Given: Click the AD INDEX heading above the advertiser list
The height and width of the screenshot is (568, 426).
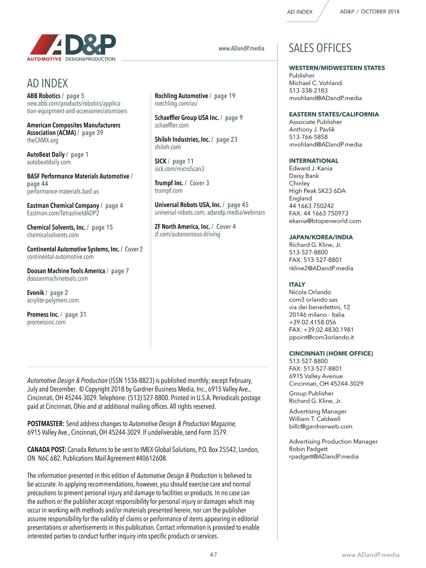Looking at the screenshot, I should click(48, 83).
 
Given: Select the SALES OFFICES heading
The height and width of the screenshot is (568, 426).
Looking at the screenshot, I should click(320, 48).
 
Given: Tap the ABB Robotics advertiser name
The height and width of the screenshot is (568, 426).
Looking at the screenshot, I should click(44, 96).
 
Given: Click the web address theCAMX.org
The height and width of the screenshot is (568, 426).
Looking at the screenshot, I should click(43, 140).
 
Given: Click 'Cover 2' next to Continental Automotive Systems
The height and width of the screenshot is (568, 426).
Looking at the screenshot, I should click(134, 249).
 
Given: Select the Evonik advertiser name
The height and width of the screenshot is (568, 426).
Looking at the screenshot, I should click(35, 293).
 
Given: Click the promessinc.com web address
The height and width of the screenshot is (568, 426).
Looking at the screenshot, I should click(46, 322).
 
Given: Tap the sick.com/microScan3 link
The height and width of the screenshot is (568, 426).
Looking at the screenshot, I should click(179, 169).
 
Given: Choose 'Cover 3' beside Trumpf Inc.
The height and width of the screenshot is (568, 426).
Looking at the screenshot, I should click(200, 183).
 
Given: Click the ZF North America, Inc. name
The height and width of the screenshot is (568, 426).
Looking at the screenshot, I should click(182, 226).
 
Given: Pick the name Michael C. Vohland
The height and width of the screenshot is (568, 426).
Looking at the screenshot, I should click(315, 83).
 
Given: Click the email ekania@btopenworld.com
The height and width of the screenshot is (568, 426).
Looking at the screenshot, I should click(325, 221).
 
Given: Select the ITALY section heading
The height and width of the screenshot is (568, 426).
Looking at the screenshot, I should click(297, 284).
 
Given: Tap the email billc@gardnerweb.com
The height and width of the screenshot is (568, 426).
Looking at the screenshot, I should click(321, 426).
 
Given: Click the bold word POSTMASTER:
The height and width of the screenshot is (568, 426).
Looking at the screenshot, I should click(46, 424).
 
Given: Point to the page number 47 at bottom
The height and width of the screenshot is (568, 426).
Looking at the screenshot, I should click(213, 555).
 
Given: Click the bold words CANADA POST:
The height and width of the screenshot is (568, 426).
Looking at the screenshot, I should click(47, 450).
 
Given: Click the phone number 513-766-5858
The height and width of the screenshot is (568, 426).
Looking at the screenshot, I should click(308, 137).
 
